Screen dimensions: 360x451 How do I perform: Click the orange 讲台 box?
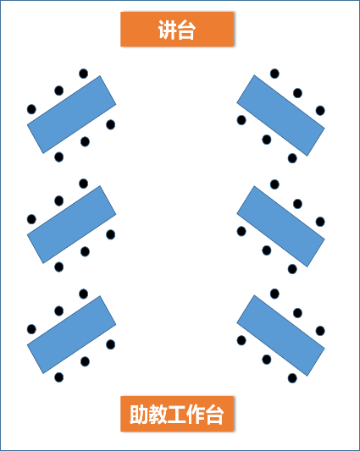coord(176,29)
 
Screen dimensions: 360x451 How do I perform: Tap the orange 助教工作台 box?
coord(176,414)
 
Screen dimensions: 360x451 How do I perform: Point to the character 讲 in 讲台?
coord(168,30)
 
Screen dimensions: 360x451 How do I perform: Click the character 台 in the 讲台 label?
coord(186,30)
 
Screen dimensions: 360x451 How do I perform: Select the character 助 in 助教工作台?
coord(139,415)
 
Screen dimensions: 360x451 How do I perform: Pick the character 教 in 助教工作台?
coord(158,415)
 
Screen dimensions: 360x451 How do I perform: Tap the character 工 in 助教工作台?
coord(176,415)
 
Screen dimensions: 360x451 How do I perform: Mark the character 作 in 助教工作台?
coord(196,415)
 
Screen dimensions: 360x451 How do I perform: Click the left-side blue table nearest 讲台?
coord(71,114)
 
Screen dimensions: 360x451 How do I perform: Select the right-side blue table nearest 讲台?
coord(281,115)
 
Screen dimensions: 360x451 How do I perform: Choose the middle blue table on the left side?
coord(71,224)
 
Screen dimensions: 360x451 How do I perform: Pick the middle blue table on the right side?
coord(281,227)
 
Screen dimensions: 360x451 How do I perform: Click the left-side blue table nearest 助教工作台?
coord(71,334)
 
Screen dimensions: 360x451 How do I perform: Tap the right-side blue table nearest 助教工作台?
coord(281,335)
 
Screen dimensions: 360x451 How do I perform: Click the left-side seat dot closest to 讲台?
coord(84,74)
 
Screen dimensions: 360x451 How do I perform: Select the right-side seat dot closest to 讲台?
coord(274,74)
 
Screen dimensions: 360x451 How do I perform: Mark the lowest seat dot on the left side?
coord(59,377)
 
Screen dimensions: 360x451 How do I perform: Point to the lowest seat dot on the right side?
coord(292,378)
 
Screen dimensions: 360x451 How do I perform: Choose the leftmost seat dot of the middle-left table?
coord(31,219)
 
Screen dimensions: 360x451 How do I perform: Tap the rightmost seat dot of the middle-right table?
coord(320,222)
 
